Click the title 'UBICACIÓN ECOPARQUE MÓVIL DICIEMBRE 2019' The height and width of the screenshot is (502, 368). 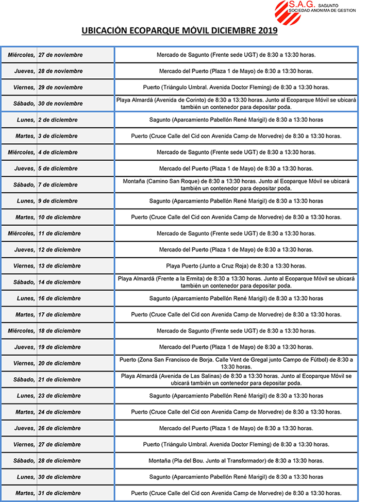point(179,31)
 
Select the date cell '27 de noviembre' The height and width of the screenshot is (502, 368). point(60,55)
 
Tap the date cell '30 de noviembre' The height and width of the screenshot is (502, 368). point(60,104)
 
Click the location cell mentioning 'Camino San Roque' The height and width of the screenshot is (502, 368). point(236,185)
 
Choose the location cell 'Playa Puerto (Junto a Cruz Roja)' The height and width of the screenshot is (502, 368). point(236,266)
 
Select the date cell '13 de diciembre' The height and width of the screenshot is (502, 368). point(59,266)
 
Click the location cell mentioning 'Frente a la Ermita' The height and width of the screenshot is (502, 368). point(236,282)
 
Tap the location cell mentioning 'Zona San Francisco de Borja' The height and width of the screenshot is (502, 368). point(236,363)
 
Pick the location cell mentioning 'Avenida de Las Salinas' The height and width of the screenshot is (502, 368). point(236,379)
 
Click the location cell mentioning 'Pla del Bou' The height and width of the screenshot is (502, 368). point(236,461)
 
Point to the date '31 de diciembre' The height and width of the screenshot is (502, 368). point(59,493)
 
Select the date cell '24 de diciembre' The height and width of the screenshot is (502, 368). point(59,412)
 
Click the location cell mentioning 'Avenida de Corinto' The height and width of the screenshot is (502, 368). point(236,103)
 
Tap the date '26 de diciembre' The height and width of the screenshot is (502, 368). point(59,428)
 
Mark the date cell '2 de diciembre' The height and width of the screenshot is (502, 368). point(58,120)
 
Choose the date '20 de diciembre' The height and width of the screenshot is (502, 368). point(59,363)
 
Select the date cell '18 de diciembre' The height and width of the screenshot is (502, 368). point(59,331)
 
